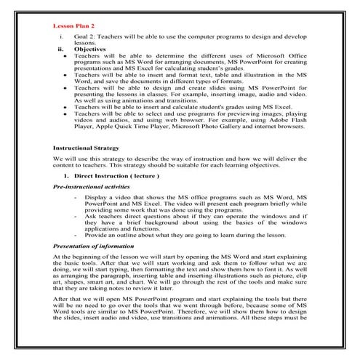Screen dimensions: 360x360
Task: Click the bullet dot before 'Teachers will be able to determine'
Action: [66, 56]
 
